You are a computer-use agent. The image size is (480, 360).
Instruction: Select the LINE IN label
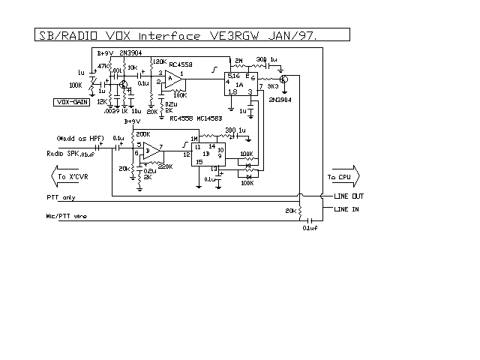[x=346, y=209]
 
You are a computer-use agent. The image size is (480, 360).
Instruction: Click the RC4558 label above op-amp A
[x=180, y=64]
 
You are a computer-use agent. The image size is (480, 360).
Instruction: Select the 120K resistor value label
[x=159, y=61]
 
